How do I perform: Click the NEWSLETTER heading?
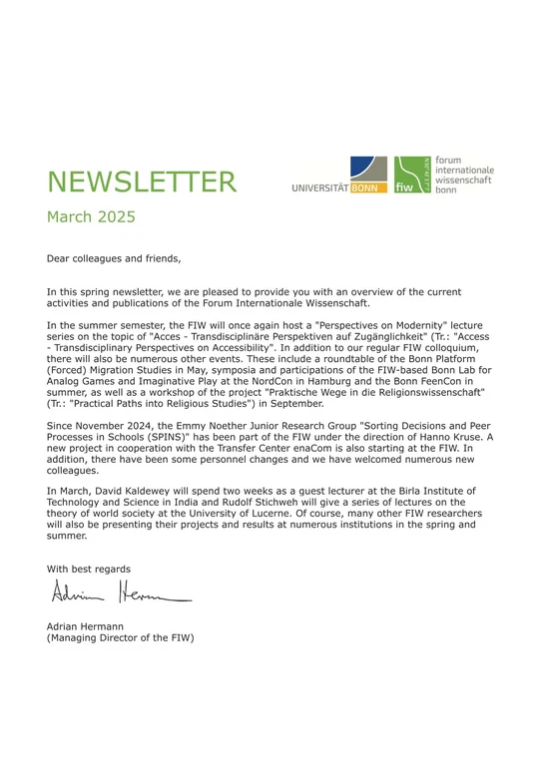(x=142, y=182)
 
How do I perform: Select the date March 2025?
(x=91, y=216)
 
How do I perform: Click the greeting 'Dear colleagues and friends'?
(x=114, y=258)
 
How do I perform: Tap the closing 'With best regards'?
(x=88, y=569)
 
